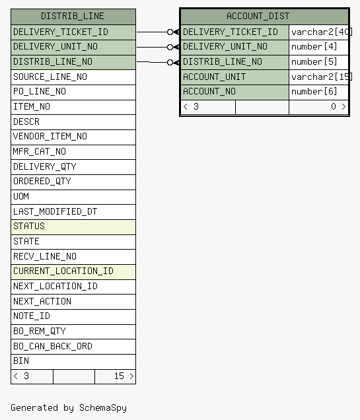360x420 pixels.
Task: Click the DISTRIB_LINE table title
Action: [x=72, y=17]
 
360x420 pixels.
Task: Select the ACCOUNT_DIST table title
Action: [x=258, y=17]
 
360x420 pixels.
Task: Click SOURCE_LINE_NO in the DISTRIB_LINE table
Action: [x=50, y=77]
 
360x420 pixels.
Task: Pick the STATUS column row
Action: [x=73, y=227]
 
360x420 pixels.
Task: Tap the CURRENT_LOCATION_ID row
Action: [x=73, y=272]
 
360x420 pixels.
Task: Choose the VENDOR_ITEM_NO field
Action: [x=50, y=137]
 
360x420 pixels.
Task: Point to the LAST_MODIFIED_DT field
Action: [x=55, y=211]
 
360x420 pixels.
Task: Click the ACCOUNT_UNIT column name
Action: [x=214, y=77]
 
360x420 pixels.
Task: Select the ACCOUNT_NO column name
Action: [x=209, y=92]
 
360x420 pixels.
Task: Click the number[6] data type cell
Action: [x=314, y=92]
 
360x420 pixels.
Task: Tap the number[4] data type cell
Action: [x=314, y=47]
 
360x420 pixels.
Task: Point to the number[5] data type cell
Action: [x=314, y=62]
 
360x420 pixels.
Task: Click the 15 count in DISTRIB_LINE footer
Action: [x=119, y=376]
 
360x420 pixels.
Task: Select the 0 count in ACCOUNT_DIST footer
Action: [x=333, y=106]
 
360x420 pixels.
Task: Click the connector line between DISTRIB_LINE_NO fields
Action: [x=152, y=62]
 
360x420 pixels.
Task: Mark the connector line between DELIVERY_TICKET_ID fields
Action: [x=152, y=32]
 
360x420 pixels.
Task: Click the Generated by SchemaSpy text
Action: [x=69, y=407]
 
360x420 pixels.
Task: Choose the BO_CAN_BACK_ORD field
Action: [x=53, y=346]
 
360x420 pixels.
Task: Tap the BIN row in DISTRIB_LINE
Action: [x=73, y=362]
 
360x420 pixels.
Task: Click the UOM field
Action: [x=21, y=196]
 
